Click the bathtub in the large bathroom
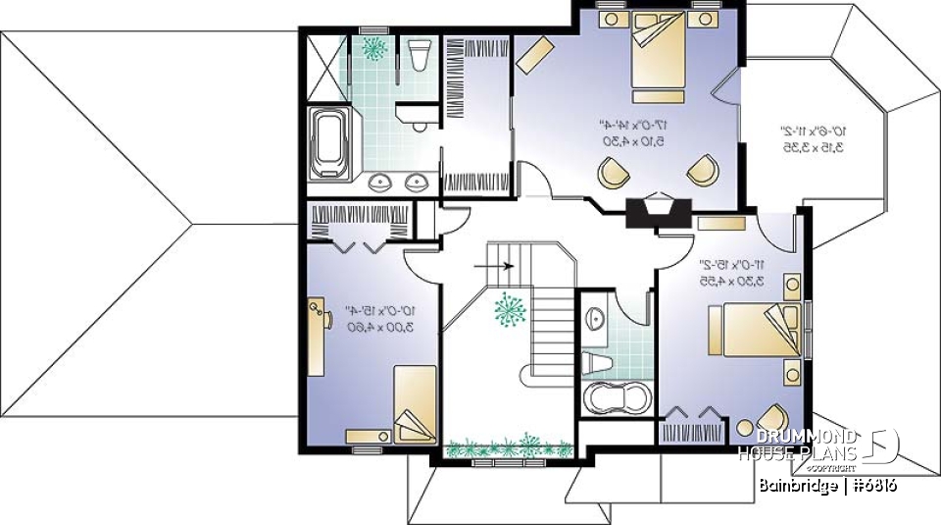328,144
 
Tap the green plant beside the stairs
509,313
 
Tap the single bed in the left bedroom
413,403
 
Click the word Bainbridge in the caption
796,486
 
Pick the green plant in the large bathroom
373,47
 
